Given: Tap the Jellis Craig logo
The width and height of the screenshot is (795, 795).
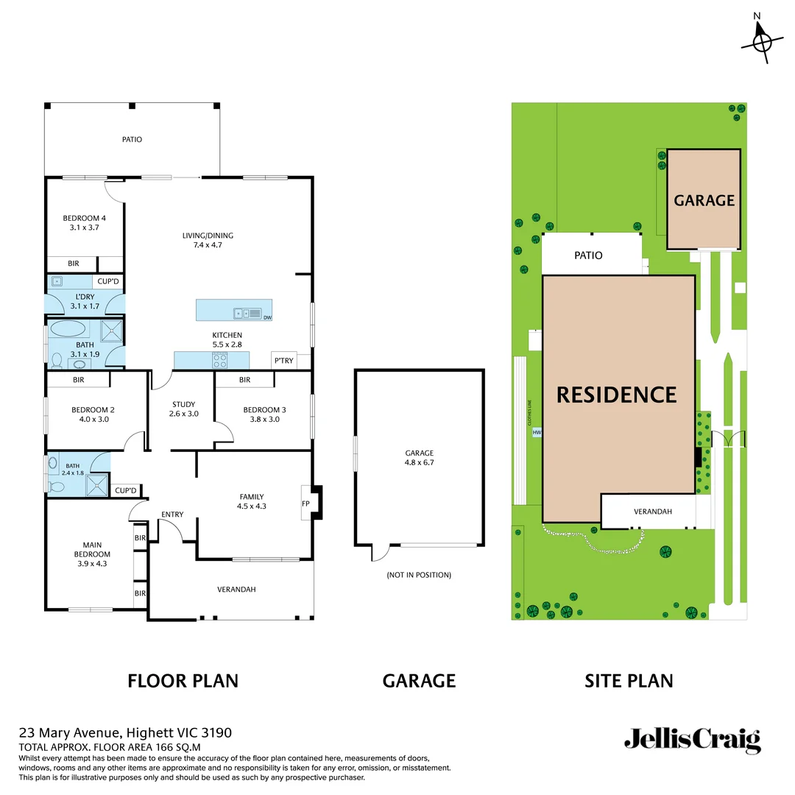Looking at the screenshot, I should tap(692, 740).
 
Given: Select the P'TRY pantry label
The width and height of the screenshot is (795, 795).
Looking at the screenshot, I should tap(283, 361).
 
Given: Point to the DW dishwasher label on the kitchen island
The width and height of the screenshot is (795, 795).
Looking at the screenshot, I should tap(266, 318).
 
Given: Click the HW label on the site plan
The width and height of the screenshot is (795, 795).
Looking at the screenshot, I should tap(537, 433).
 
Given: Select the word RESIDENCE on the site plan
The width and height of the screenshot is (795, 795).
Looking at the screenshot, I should tap(616, 395).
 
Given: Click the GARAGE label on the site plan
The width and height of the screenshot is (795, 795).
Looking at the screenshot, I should tap(704, 200).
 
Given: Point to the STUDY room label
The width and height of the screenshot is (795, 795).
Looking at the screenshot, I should tap(183, 404).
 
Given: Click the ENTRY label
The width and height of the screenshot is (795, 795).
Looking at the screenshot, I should tap(172, 514).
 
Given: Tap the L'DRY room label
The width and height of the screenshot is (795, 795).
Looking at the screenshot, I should tap(85, 297).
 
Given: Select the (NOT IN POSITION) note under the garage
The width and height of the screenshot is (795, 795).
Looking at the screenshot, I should tap(419, 575).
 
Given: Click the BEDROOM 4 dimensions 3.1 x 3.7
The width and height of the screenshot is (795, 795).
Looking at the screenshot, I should tap(85, 228).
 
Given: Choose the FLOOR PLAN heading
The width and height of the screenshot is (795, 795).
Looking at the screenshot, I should tap(183, 681).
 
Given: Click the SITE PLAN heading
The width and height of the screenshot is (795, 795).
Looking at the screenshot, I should tap(629, 681).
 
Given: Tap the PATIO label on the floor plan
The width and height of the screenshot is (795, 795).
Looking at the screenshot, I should tap(132, 139).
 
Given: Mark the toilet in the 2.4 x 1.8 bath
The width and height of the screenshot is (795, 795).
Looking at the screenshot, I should tap(55, 487).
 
